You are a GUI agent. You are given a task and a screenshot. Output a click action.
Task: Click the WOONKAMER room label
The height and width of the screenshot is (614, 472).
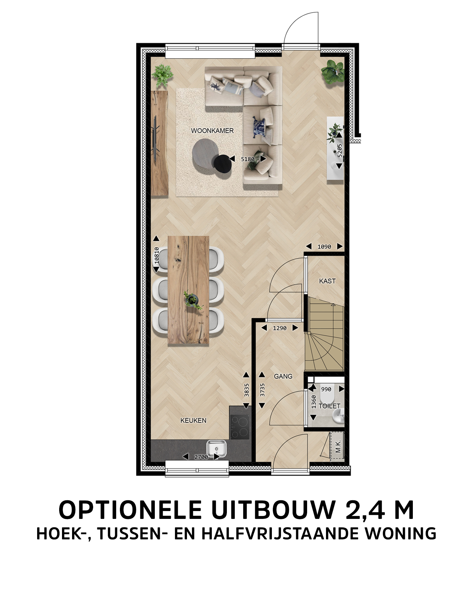(212, 130)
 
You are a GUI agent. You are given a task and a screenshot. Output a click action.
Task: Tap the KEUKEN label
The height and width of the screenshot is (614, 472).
(193, 420)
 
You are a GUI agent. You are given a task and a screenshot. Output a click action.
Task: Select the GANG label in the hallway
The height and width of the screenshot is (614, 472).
(283, 376)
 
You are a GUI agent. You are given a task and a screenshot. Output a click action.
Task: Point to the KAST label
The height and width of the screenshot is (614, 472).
(327, 281)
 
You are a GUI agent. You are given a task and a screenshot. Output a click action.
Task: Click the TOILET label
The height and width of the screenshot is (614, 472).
(329, 406)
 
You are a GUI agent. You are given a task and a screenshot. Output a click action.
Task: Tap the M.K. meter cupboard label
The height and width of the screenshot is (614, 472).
(338, 446)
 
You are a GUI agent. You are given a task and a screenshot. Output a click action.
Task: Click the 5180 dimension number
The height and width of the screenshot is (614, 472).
(248, 159)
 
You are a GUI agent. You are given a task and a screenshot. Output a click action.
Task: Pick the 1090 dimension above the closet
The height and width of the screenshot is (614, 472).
(324, 247)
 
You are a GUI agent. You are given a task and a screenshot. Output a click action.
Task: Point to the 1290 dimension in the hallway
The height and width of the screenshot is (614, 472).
(280, 328)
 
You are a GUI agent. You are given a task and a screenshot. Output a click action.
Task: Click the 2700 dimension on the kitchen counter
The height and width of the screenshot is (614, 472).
(201, 457)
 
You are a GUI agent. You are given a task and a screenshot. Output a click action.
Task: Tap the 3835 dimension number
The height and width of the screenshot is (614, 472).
(247, 390)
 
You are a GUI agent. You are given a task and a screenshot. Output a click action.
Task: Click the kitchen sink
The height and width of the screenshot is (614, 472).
(216, 449)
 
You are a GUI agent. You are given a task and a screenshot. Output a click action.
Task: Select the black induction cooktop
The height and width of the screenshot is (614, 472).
(240, 427)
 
